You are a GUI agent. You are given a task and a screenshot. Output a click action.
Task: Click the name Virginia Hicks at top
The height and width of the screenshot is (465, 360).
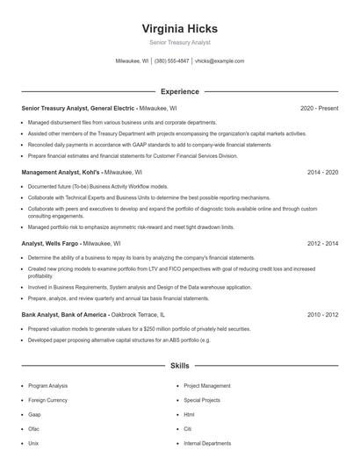pos(179,28)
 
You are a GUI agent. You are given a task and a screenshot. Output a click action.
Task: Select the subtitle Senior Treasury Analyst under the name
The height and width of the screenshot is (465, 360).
pos(179,42)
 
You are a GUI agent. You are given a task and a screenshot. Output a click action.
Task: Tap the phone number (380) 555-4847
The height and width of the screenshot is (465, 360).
pos(172,61)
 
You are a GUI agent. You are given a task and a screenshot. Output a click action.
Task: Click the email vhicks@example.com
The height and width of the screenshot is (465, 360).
pos(220,61)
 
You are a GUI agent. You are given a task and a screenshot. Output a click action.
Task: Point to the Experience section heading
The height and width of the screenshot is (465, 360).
pos(179,91)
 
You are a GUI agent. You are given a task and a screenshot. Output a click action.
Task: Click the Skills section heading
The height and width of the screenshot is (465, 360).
pos(179,365)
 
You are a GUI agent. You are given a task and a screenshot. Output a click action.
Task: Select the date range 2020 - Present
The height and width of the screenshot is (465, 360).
pos(319,108)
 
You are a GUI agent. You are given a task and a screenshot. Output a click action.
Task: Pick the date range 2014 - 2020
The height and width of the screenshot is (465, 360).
pos(322,173)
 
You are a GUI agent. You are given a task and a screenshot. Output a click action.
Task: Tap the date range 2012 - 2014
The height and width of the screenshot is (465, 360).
pos(322,243)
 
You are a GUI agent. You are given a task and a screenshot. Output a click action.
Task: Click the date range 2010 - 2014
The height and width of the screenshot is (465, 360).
pos(322,313)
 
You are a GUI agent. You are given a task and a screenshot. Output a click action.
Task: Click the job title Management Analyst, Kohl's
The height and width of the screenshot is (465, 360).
pos(61,173)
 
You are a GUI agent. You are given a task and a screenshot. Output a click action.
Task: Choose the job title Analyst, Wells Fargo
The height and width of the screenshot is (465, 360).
pos(54,243)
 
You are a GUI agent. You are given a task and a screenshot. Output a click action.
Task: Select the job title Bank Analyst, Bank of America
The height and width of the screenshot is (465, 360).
pos(65,313)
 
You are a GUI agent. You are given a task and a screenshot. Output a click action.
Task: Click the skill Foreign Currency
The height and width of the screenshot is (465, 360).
pos(47,399)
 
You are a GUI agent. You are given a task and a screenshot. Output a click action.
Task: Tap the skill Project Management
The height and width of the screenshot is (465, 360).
pos(207,385)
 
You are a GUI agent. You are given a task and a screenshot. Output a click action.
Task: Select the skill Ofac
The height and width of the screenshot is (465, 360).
pos(34,429)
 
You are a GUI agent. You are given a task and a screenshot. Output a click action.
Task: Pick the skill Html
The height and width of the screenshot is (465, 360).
pos(189,414)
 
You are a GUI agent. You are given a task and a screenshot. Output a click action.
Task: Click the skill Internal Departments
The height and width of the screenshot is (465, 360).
pos(207,443)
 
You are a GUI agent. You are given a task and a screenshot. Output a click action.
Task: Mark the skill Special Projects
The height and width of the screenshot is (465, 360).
pos(202,399)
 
